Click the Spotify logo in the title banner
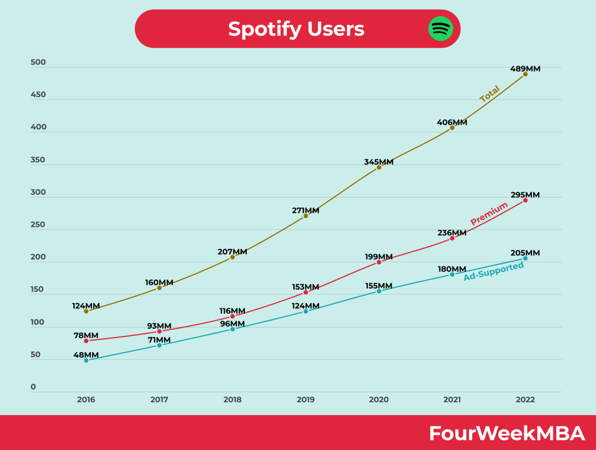[x=441, y=29]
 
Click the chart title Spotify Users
[x=296, y=29]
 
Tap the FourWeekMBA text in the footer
[x=506, y=433]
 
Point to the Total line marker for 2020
[x=379, y=167]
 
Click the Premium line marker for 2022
[x=525, y=200]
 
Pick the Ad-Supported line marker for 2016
[x=86, y=360]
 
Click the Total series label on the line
[x=489, y=94]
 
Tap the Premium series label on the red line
[x=489, y=213]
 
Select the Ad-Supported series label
[x=494, y=272]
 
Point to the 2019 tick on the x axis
[x=306, y=400]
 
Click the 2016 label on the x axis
[x=86, y=400]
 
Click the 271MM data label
[x=306, y=210]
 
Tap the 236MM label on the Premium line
[x=452, y=233]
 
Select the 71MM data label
[x=159, y=340]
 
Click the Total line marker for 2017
[x=159, y=288]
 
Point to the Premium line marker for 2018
[x=232, y=317]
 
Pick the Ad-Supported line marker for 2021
[x=452, y=275]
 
